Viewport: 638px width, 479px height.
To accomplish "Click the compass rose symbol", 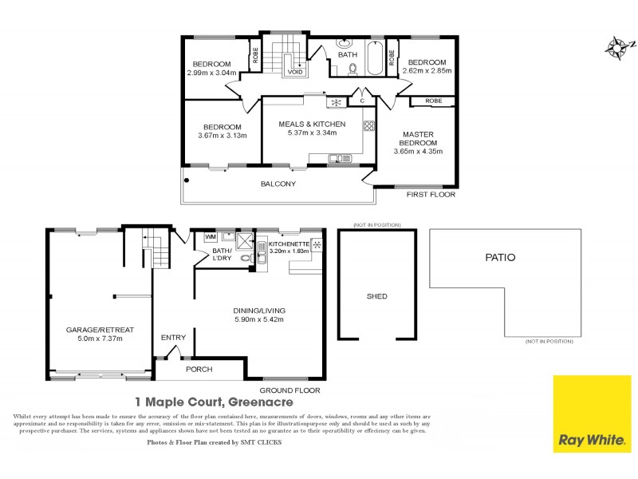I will coord(616,47).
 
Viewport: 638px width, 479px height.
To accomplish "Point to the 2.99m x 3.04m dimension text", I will coord(209,73).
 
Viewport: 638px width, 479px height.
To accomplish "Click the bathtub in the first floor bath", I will coord(374,58).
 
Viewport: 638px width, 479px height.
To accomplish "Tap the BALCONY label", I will coord(278,184).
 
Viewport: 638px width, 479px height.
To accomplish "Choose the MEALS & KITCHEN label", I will coord(311,125).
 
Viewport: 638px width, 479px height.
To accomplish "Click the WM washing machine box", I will coord(211,237).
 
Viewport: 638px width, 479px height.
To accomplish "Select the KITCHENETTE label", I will coord(287,243).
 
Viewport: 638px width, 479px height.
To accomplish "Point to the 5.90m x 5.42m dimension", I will coord(259,319).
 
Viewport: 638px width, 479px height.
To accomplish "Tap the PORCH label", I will coord(199,370).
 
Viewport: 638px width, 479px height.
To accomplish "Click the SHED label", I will coord(376,296).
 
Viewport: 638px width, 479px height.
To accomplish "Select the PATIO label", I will coord(500,258).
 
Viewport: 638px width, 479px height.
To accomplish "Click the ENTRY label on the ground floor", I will coord(173,338).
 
